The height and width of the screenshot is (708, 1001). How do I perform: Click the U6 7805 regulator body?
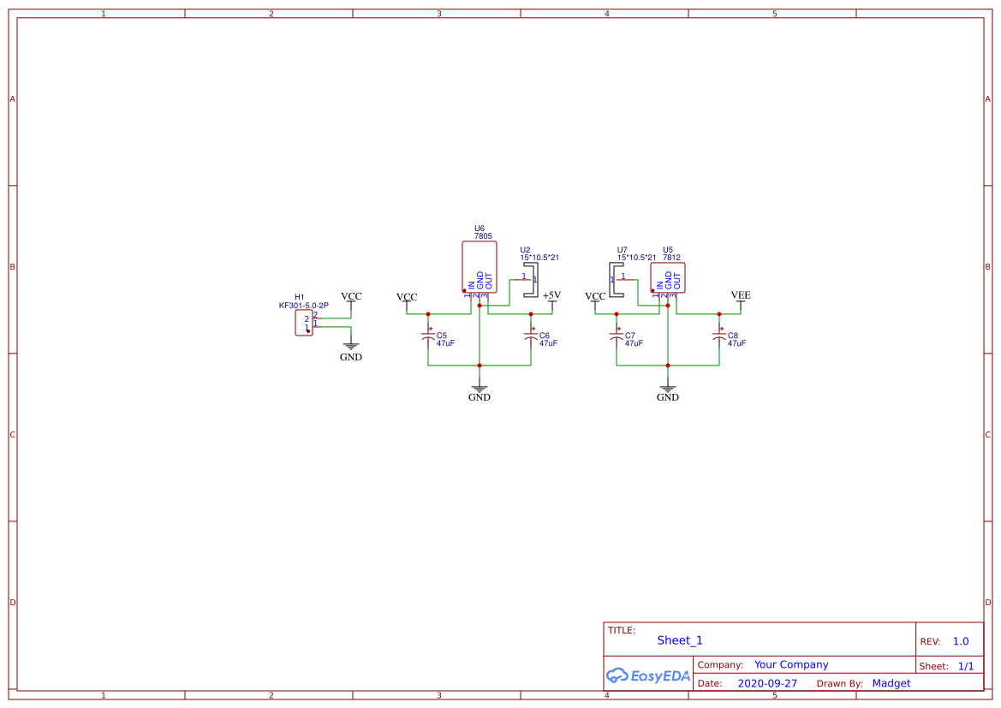pos(480,266)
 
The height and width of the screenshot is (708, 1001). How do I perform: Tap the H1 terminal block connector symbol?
pos(304,323)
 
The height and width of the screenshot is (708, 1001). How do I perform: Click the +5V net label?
pos(551,295)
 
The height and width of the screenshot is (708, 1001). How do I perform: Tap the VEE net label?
pos(741,295)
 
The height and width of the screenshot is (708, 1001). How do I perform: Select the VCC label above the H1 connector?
pos(351,297)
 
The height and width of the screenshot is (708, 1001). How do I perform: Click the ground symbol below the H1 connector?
pos(351,349)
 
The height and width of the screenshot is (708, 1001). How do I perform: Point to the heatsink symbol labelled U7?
pos(617,280)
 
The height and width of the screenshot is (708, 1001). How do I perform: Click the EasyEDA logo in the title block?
pos(647,675)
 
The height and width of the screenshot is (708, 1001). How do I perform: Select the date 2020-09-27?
pos(767,683)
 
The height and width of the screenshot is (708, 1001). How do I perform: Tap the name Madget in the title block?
pos(891,683)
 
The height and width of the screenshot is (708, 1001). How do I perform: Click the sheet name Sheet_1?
pos(680,640)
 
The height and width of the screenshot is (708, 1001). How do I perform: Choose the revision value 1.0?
pos(961,641)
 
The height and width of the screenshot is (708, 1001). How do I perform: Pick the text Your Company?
pos(791,664)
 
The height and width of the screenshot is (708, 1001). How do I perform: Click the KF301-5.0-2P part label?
pos(304,306)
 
